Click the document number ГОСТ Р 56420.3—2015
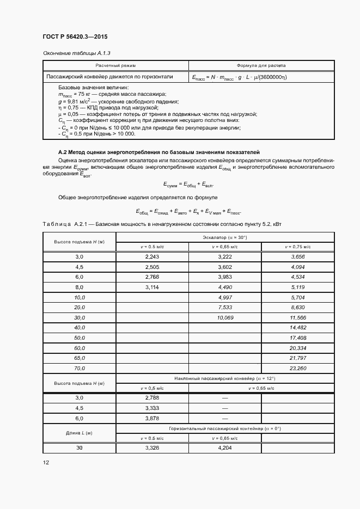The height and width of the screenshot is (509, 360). pos(75,36)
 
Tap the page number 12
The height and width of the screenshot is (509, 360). pos(46,462)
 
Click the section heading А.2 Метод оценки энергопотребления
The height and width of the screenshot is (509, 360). pos(159,151)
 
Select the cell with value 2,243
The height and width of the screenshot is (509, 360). pos(152,256)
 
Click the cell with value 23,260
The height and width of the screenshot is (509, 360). pos(298,368)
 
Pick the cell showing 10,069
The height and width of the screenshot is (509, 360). pos(225,317)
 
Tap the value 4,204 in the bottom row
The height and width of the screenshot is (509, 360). pos(225,447)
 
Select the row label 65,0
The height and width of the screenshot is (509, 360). pos(80,358)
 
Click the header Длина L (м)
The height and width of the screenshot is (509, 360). pos(80,433)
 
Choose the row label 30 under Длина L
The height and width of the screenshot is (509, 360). pos(80,447)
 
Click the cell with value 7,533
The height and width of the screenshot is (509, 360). pos(225,307)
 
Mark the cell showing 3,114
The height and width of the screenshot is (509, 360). pos(152,286)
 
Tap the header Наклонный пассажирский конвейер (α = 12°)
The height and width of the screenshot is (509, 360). pos(225,378)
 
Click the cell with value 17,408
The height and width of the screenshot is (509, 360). pos(298,338)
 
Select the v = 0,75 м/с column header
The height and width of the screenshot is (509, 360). pos(298,246)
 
